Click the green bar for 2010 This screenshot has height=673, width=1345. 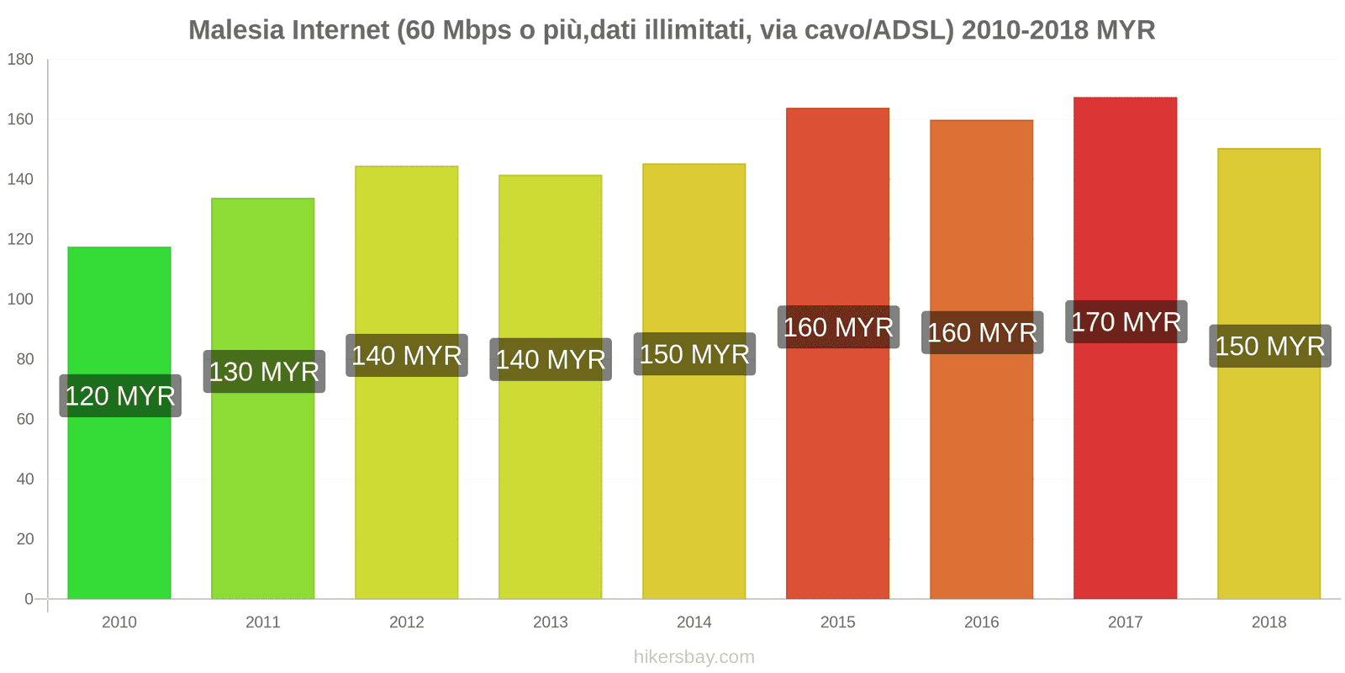119,505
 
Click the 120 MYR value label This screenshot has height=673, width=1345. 120,396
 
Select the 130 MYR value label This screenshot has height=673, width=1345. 264,372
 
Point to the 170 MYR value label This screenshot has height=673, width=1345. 1126,322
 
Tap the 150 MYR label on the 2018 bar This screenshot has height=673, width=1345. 1269,347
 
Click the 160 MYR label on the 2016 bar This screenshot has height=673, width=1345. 982,333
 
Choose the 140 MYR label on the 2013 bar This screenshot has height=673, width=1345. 551,360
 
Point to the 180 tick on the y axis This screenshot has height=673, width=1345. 20,60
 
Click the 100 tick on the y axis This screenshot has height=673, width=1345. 20,299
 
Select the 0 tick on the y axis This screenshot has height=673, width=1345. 29,599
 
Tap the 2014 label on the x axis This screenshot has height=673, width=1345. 694,623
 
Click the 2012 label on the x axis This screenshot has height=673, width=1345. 406,623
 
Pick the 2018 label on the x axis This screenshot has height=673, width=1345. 1269,623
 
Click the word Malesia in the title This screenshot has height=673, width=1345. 236,30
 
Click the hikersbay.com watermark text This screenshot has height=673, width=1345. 694,657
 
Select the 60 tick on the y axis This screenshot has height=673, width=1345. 24,419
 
